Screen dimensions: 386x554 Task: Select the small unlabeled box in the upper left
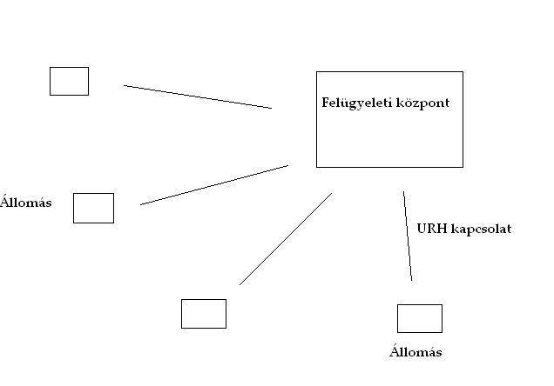69,81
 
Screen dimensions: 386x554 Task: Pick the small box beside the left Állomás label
93,208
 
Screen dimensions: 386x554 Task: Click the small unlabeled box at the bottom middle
203,313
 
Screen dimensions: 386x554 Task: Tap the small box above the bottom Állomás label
419,318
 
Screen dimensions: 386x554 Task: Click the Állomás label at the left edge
27,203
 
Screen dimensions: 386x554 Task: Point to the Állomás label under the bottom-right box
415,352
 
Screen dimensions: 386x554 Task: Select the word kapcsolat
482,230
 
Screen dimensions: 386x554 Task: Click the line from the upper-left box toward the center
198,96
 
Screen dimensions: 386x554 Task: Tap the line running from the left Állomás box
213,184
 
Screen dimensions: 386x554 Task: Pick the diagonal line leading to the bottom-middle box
286,238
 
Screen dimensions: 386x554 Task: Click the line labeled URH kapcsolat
408,236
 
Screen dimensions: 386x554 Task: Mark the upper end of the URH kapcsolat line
403,192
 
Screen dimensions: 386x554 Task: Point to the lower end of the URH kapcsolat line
411,280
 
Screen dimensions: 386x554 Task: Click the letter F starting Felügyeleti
326,103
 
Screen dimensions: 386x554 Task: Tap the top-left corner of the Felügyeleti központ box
316,72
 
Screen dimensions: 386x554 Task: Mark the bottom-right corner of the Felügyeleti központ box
463,166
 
